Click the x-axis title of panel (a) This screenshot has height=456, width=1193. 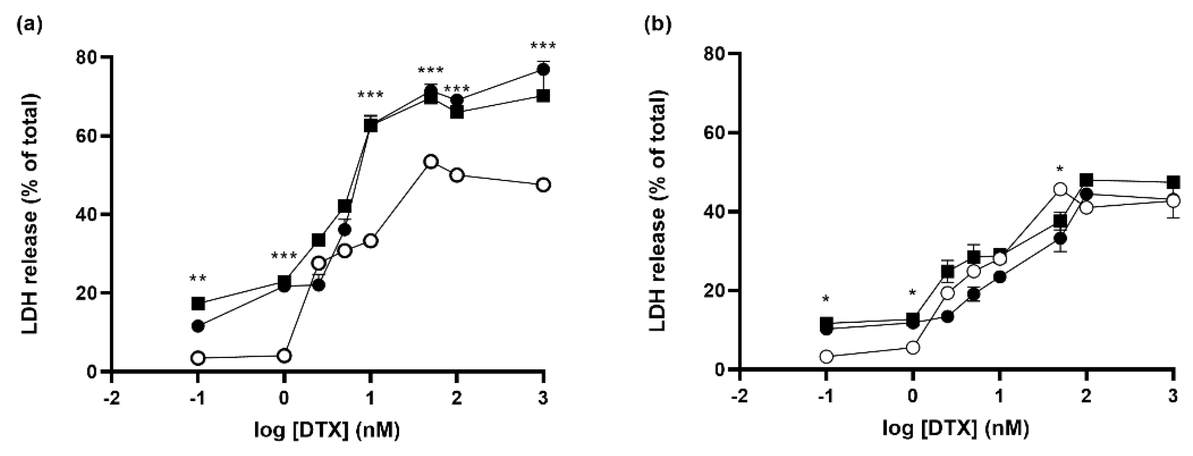point(327,430)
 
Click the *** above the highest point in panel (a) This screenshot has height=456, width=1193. point(543,47)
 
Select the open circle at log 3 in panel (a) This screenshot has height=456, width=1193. point(543,185)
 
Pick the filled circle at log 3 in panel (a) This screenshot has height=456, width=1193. point(543,69)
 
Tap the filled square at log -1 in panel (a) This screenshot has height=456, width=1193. point(198,304)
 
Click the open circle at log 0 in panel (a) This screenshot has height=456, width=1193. point(284,356)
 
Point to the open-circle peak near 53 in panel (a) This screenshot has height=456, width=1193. point(431,161)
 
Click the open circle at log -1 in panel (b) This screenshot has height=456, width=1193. point(826,356)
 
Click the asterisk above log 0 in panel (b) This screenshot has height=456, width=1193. point(912,293)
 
